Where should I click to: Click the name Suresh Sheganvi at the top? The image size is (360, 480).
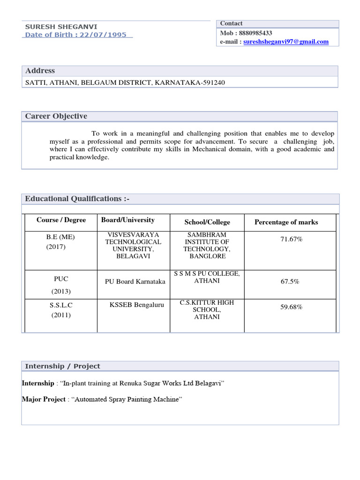coord(61,27)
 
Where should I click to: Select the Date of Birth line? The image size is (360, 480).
coord(75,35)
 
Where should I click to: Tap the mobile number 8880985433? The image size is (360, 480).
coord(255,33)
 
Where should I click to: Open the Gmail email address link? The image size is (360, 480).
coord(286,42)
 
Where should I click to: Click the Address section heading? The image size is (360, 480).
coord(40,71)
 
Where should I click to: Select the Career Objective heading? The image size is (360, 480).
coord(56,116)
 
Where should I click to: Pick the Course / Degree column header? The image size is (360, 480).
coord(61,220)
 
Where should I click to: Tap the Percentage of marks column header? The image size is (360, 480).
coord(286,222)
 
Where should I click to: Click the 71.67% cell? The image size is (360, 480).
coord(292,240)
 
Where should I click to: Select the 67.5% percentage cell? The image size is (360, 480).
coord(290,282)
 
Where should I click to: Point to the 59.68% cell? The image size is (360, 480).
coord(291,307)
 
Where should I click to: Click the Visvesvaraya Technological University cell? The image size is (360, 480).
coord(134,245)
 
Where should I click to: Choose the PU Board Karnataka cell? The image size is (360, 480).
coord(135,282)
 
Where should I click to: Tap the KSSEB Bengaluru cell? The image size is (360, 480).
coord(137,305)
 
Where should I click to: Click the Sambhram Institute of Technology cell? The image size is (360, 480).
coord(207,245)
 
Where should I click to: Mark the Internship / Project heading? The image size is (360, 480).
coord(62,366)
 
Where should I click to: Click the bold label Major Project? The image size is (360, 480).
coord(43,399)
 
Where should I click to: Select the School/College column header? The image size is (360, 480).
coord(207,222)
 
